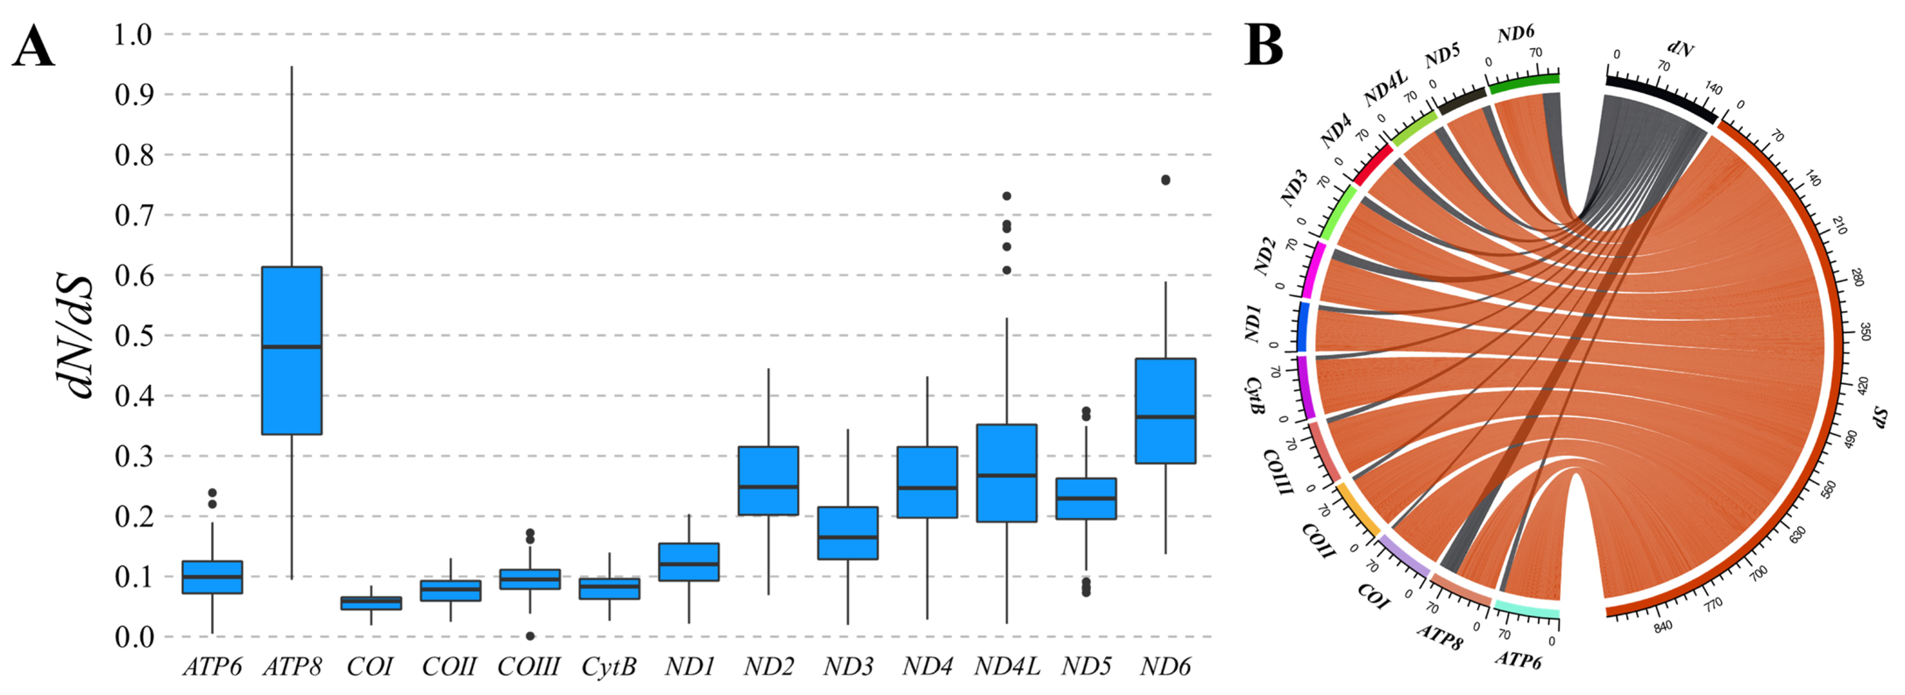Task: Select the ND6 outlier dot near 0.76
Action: (x=1166, y=180)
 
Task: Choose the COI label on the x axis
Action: (x=370, y=667)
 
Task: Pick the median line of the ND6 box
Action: (x=1166, y=417)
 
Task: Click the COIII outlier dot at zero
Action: (x=530, y=636)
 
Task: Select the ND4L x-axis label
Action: (x=1007, y=667)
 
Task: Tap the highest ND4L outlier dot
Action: (x=1007, y=196)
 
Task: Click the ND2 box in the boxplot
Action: (x=769, y=481)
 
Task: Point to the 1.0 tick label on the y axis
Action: (x=133, y=34)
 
